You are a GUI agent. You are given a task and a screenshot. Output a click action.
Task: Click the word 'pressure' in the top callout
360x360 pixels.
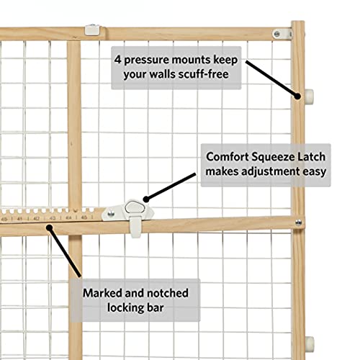[158, 58]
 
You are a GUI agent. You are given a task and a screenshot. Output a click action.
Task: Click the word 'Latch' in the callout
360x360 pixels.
[315, 156]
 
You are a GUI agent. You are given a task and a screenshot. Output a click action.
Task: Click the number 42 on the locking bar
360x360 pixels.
[35, 217]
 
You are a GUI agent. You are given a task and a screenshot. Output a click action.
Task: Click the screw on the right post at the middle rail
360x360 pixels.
[297, 222]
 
